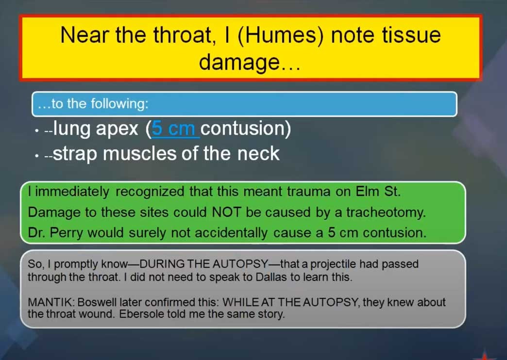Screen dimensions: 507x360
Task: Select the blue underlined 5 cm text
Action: pos(173,128)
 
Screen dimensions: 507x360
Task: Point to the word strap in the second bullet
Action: pos(75,154)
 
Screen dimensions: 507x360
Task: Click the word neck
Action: pos(258,153)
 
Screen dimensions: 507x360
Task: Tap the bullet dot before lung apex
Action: pos(37,131)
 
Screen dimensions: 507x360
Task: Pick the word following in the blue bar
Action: pos(119,104)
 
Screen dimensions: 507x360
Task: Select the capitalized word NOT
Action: pos(226,213)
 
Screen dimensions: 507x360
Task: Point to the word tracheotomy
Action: pos(386,213)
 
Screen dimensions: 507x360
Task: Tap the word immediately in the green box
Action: pos(72,192)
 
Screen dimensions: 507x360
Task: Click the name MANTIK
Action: pos(51,302)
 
